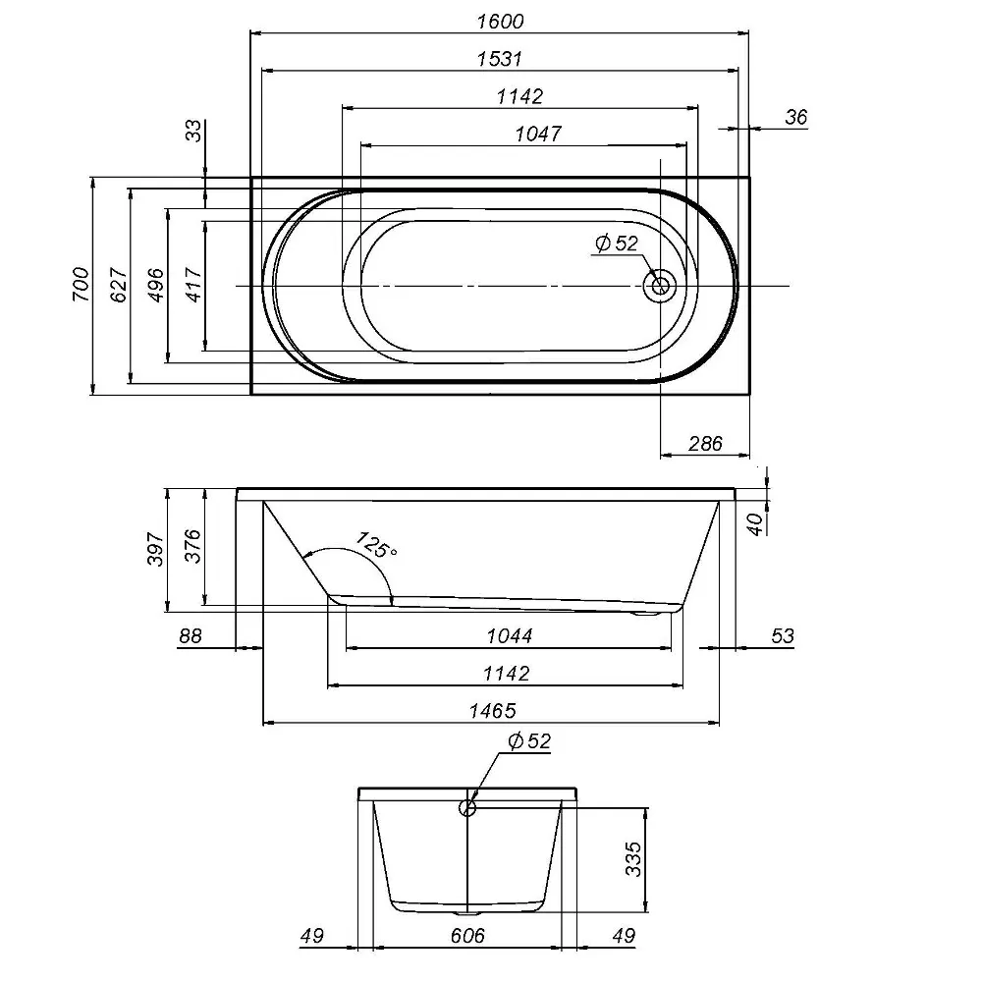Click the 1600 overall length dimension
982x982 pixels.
tap(500, 22)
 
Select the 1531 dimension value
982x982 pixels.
tap(499, 59)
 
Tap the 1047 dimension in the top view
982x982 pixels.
tap(538, 134)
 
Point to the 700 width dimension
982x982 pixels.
tap(81, 285)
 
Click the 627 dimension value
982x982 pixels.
tap(119, 285)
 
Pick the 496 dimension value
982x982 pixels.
tap(155, 285)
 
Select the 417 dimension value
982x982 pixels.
tap(193, 285)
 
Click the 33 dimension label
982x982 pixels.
tap(194, 131)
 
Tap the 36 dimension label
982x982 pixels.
tap(796, 117)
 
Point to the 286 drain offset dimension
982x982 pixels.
tap(705, 444)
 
